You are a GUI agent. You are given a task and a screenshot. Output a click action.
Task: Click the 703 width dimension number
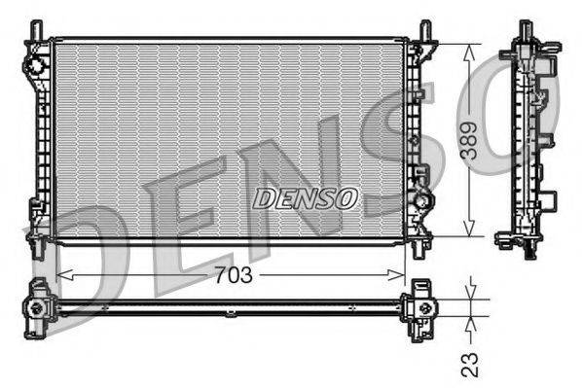(232, 275)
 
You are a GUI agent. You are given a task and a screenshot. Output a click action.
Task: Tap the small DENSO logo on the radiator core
(306, 198)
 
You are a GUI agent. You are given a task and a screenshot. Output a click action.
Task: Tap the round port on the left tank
(35, 65)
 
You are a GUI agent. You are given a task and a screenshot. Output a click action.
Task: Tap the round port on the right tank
(423, 201)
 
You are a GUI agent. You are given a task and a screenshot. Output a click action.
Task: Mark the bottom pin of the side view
(528, 252)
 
